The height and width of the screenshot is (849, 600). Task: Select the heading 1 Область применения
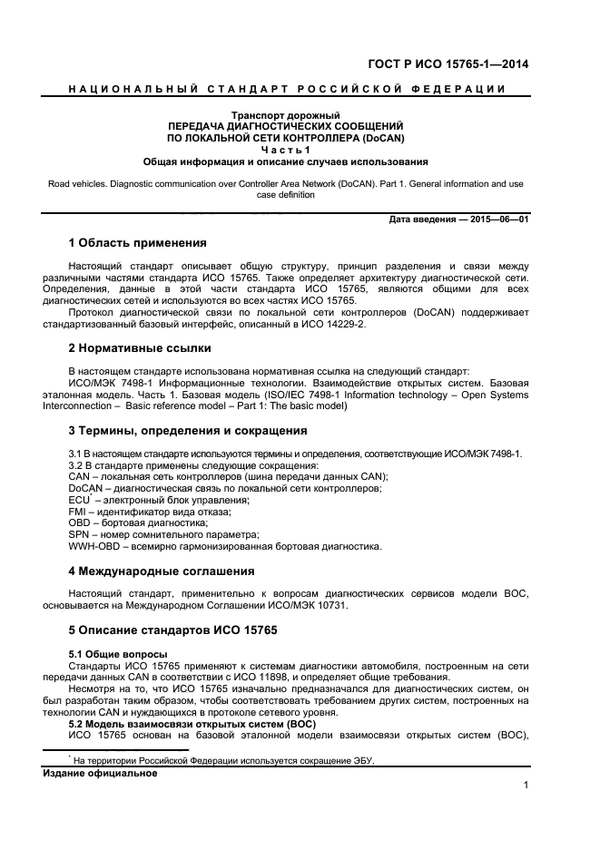click(x=137, y=243)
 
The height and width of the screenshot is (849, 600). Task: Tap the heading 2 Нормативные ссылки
click(x=140, y=347)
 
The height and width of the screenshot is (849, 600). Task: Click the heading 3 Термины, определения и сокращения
click(x=188, y=430)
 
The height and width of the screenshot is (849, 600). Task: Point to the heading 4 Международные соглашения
click(x=161, y=571)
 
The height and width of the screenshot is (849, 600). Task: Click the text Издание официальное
click(x=101, y=774)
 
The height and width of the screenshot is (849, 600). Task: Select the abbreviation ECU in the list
click(x=79, y=500)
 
